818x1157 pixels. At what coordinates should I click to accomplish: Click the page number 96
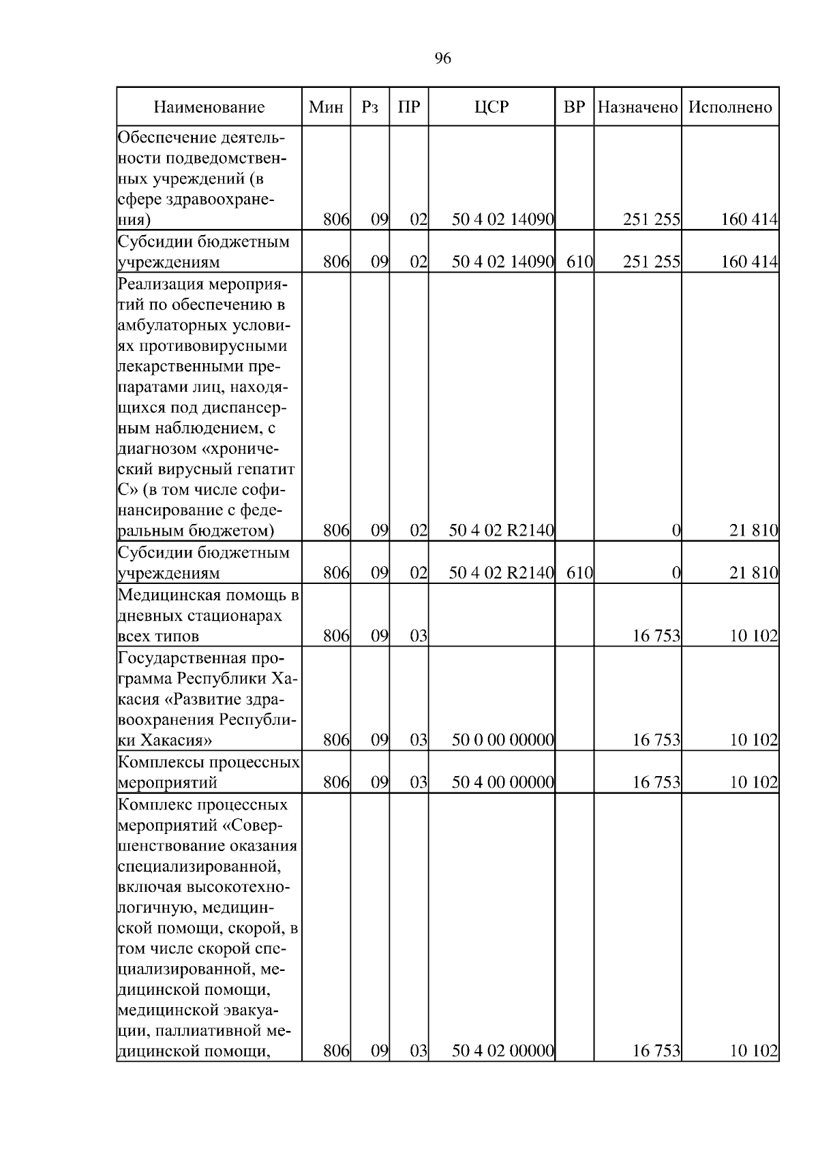coord(442,59)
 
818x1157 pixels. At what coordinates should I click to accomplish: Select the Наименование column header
coord(209,107)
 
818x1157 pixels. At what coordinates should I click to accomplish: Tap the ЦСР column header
coord(491,107)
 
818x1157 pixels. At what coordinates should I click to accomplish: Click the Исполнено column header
coord(730,107)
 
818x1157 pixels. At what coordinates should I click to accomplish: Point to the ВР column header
coord(575,107)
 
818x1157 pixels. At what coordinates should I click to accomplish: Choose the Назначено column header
coord(637,107)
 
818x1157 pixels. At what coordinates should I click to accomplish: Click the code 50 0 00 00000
coord(502,740)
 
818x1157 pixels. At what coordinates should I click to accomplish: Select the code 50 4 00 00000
coord(502,782)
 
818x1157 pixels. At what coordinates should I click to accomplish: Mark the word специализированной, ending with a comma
coord(199,866)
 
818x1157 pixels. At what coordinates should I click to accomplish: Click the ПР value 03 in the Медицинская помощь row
coord(418,636)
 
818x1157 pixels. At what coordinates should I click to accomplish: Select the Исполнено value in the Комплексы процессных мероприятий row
coord(753,782)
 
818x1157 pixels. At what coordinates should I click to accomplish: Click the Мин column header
coord(326,107)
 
